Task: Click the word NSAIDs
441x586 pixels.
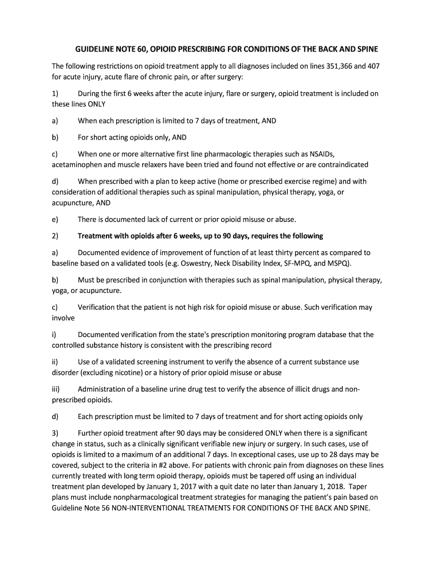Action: (322, 154)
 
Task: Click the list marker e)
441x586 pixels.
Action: (55, 219)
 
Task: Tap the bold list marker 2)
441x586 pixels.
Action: (55, 236)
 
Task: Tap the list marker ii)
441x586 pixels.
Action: (56, 362)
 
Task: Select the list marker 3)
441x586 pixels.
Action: (55, 433)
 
